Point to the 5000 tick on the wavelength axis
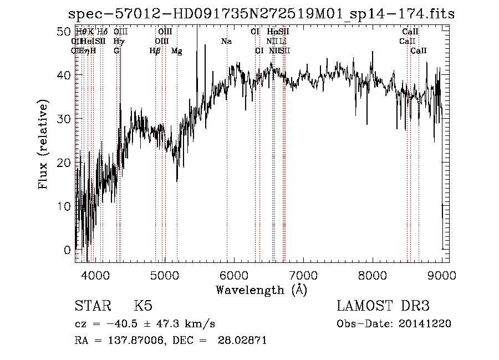(x=165, y=274)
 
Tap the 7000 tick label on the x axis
(x=303, y=274)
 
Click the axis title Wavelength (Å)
(x=261, y=290)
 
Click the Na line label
(x=226, y=42)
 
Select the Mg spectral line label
(x=177, y=51)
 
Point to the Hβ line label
(x=155, y=51)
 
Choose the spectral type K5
(x=143, y=306)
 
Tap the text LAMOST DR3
(x=383, y=306)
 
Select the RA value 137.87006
(x=138, y=341)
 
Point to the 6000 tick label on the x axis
(x=234, y=274)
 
